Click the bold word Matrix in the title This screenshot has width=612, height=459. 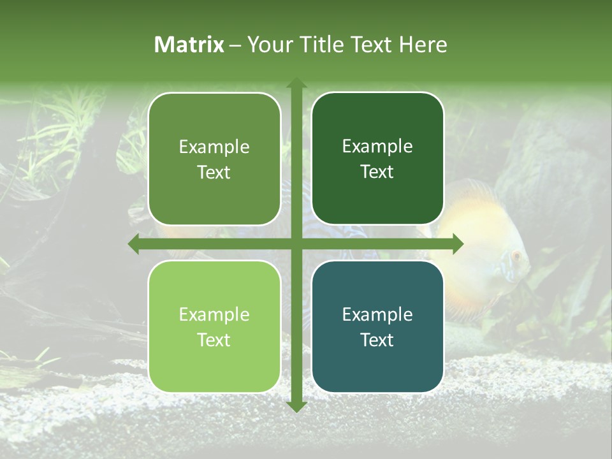[x=189, y=45]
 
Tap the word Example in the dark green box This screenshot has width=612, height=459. [x=377, y=147]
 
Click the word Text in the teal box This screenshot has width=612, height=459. [x=377, y=340]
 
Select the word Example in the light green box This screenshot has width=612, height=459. [x=214, y=314]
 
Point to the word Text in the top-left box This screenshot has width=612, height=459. [x=214, y=172]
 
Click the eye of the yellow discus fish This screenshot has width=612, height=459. [x=516, y=256]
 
